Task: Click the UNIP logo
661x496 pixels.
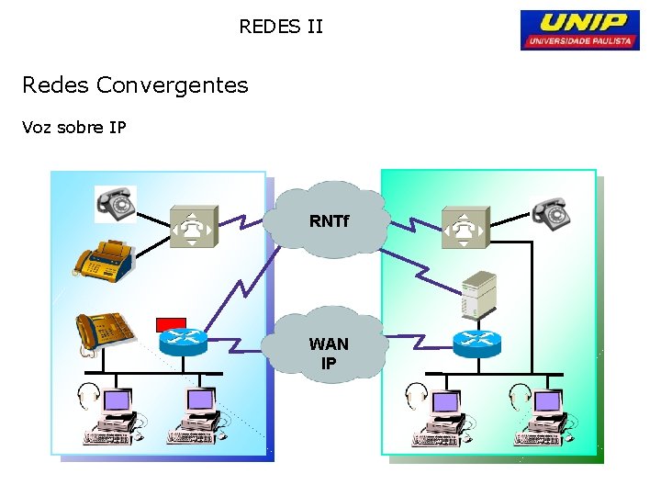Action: tap(579, 29)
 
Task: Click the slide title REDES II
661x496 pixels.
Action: tap(281, 27)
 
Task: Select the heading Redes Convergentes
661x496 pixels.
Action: tap(135, 85)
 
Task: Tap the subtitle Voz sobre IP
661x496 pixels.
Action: tap(74, 128)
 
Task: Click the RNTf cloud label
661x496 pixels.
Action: tap(329, 221)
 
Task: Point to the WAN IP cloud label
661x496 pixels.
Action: tap(329, 353)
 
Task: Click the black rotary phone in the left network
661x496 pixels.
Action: tap(116, 204)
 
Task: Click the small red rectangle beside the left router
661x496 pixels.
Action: tap(171, 323)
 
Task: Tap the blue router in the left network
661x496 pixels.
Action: tap(183, 343)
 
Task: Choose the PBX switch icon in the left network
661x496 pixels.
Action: tap(194, 227)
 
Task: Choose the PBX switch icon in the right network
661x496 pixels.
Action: tap(465, 227)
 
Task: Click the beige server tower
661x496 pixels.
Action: tap(477, 296)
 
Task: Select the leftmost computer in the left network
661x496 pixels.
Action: tap(112, 416)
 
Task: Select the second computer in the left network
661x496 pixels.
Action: tap(196, 416)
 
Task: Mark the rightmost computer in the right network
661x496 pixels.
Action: tap(543, 416)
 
